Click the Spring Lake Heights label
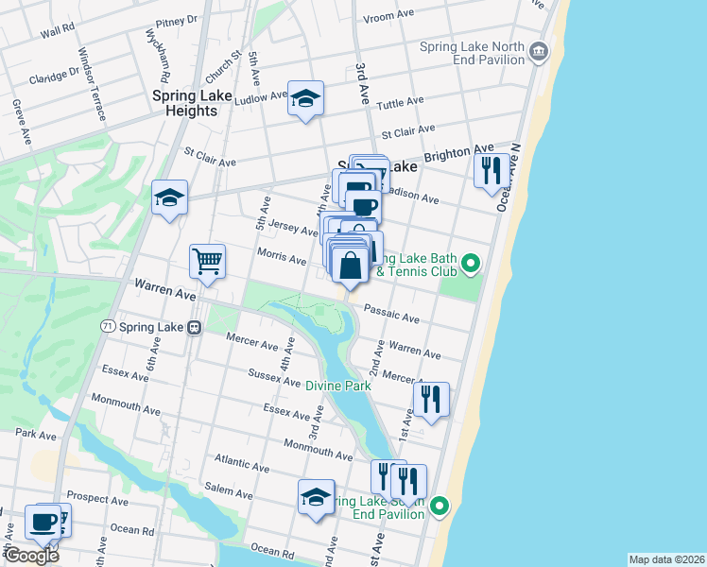185,103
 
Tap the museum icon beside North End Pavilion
539,50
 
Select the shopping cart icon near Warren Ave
207,260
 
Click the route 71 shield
108,326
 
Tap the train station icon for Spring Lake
194,327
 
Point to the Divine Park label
337,386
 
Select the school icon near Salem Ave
316,496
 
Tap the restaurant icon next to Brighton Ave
490,170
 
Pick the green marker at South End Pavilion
440,508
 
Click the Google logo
31,556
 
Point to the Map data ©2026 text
666,559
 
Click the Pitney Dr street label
178,18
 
